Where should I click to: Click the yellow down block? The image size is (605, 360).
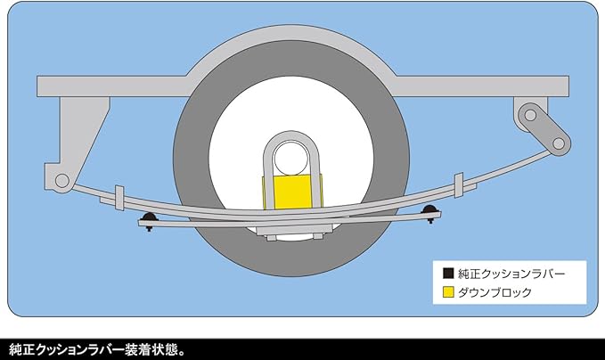291,191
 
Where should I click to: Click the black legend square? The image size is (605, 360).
448,272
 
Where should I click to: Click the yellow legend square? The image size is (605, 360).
448,290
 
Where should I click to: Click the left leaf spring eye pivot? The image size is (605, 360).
61,181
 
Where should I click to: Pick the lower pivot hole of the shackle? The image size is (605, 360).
560,142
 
